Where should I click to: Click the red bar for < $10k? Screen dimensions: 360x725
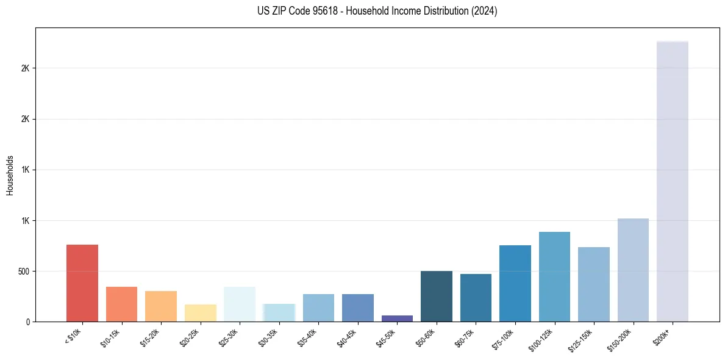point(82,283)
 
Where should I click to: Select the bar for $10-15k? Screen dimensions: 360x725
point(121,304)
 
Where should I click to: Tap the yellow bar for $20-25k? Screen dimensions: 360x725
point(200,313)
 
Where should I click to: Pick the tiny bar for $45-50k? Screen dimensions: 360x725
point(397,319)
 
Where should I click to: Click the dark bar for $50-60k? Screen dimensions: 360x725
point(437,297)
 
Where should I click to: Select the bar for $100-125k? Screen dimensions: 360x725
point(554,277)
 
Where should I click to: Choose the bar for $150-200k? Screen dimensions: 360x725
point(633,270)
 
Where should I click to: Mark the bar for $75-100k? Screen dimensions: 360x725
point(515,284)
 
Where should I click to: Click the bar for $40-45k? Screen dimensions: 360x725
point(358,308)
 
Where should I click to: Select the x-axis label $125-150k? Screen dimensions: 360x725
point(580,339)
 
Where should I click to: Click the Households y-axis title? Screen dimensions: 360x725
point(10,175)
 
